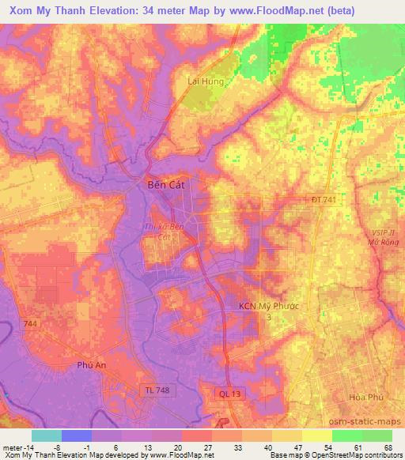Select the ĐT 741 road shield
323,201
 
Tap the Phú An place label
92,365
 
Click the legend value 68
387,447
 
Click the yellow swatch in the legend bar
317,435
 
